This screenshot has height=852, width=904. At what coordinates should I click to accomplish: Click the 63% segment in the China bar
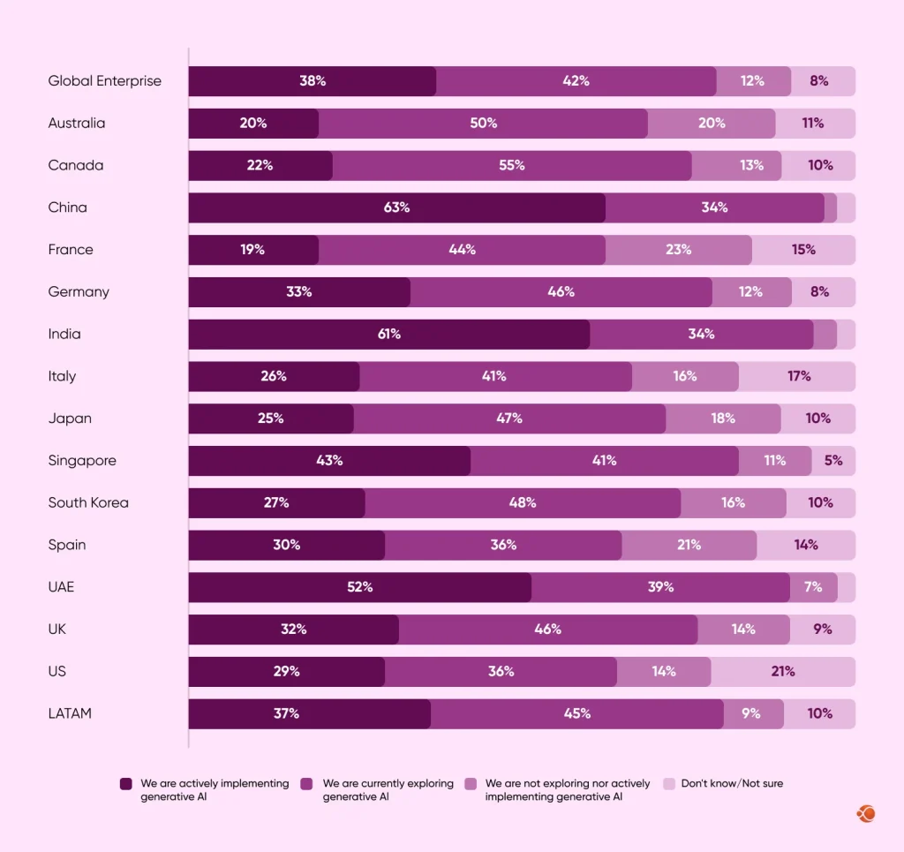(x=396, y=207)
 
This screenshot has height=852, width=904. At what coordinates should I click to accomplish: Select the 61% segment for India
(x=388, y=335)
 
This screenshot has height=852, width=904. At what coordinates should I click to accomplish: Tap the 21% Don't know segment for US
(x=782, y=672)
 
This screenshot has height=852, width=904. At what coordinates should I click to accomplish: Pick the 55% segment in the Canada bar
(x=512, y=165)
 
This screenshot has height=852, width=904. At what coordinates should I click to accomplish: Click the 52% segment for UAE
(x=359, y=587)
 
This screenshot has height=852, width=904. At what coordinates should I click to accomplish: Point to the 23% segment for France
(x=678, y=250)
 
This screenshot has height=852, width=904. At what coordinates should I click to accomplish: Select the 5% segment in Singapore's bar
(x=833, y=461)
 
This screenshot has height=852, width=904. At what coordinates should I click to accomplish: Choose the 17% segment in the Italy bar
(x=797, y=376)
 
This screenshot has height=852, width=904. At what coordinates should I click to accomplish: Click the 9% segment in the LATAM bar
(x=752, y=713)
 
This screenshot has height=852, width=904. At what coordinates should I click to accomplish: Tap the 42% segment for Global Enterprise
(x=576, y=81)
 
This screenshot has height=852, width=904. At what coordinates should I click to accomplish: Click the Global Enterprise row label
(x=105, y=81)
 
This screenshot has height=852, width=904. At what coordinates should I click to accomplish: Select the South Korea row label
(x=88, y=503)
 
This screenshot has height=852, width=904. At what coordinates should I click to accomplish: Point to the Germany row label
(x=79, y=292)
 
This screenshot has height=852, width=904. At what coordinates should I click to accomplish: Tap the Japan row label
(x=70, y=418)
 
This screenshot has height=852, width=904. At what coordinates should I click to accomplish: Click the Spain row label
(x=67, y=545)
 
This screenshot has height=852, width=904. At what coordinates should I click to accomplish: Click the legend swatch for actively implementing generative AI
(x=126, y=784)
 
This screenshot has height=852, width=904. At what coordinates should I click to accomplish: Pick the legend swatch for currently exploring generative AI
(x=307, y=784)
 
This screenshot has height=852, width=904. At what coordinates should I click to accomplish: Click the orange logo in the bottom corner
(x=865, y=813)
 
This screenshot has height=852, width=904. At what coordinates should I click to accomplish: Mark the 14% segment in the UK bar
(x=743, y=630)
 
